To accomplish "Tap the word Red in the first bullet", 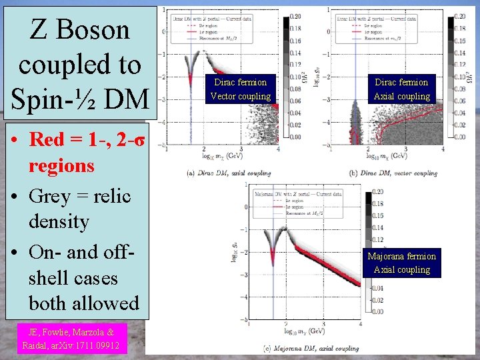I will pos(47,139).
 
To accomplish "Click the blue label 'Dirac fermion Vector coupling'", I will pos(240,89).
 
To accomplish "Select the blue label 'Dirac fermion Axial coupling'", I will pos(402,89).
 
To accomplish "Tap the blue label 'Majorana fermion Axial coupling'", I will pos(401,263).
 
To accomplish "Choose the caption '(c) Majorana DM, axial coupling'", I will pos(311,347).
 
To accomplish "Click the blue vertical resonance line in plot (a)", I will pos(191,100).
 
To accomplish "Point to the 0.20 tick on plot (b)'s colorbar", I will pos(459,16).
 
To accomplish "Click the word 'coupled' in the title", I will pos(79,65).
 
